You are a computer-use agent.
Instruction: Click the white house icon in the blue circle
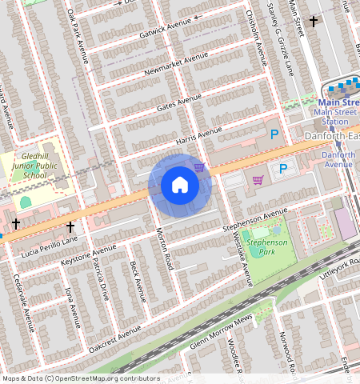point(180,185)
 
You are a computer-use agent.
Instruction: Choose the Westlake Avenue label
point(244,261)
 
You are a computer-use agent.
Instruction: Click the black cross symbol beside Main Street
point(314,21)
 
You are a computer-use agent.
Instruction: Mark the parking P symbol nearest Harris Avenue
point(274,136)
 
